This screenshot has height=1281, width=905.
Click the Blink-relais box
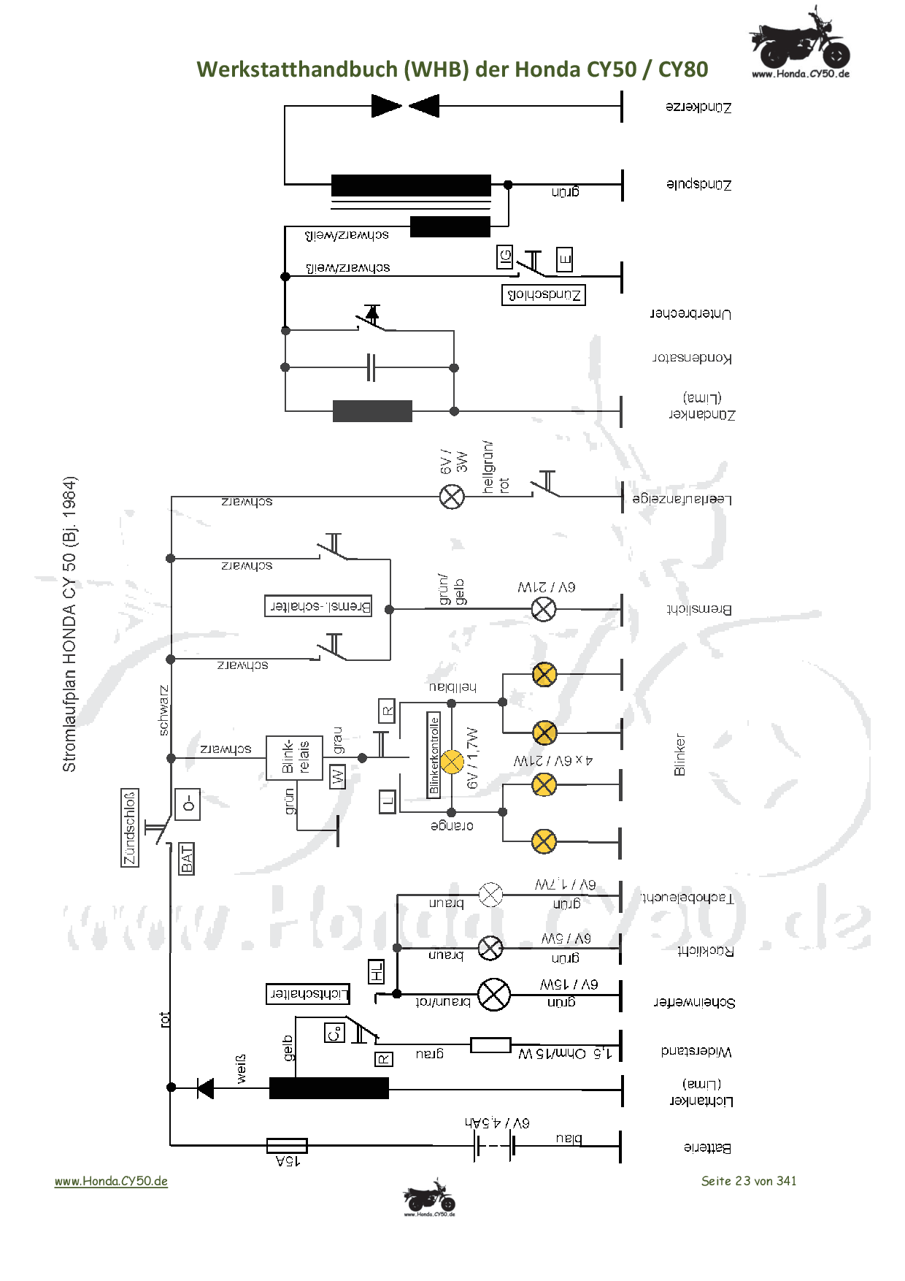294,758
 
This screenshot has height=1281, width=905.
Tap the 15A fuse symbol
287,1145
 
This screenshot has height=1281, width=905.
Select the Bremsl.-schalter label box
318,606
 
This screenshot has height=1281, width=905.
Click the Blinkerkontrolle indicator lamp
452,762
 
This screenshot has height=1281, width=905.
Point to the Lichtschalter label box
307,993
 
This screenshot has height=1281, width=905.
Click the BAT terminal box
187,858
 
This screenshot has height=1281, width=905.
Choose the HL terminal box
376,971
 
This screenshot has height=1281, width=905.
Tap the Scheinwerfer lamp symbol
494,995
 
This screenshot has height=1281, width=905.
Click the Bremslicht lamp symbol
543,608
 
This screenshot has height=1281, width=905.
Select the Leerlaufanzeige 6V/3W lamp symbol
452,497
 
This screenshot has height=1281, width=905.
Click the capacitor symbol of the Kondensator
371,367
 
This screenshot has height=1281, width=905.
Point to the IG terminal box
505,256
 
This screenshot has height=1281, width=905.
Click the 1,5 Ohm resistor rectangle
490,1045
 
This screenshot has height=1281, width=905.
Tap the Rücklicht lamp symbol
490,948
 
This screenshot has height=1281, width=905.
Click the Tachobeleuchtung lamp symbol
490,894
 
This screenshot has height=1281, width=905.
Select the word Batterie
707,1147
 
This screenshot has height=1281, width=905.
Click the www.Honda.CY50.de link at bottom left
111,1181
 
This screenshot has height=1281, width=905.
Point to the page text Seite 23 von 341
748,1181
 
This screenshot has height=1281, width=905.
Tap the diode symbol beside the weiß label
206,1088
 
